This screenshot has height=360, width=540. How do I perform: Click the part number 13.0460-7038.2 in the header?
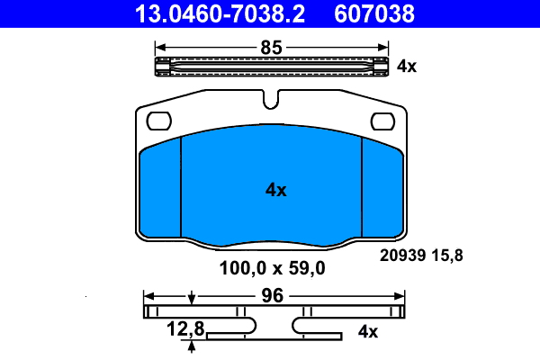click(x=220, y=13)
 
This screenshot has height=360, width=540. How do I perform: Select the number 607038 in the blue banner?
click(x=374, y=13)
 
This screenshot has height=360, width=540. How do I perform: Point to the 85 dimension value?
click(x=272, y=48)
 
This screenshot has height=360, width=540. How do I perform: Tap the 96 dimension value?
click(x=272, y=295)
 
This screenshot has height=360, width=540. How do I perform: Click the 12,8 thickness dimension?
click(x=185, y=328)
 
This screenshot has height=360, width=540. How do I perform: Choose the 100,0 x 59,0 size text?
click(x=272, y=268)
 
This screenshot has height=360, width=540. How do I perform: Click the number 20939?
click(x=402, y=256)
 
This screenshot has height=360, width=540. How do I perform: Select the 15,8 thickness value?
click(x=447, y=256)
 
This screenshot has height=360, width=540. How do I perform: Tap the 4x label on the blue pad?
click(x=276, y=190)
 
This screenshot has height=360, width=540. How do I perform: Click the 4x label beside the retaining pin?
click(x=407, y=66)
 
